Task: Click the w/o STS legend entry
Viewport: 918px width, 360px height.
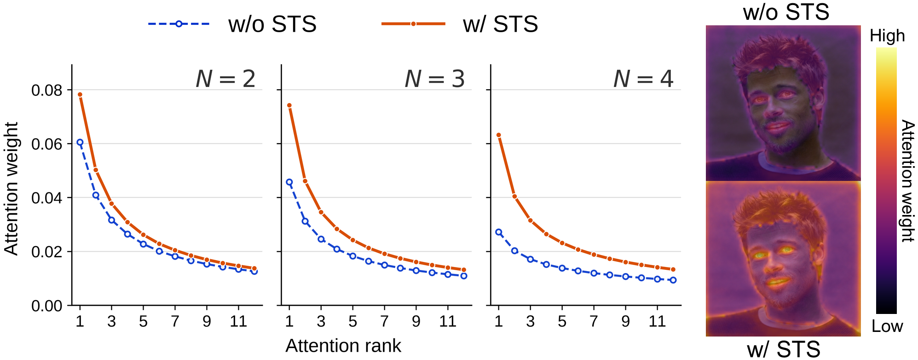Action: pos(232,24)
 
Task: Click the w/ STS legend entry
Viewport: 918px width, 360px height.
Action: pos(460,24)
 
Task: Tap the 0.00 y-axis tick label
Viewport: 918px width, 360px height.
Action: pos(46,306)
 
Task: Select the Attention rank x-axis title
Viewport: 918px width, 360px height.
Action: pos(343,346)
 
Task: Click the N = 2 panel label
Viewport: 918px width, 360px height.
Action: pos(225,79)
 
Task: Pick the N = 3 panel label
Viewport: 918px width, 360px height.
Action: pos(435,79)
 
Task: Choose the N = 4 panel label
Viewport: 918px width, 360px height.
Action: pos(644,79)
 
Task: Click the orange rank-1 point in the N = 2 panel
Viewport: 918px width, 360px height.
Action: pos(80,94)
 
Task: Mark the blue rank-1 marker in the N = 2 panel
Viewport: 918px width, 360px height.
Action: pos(80,143)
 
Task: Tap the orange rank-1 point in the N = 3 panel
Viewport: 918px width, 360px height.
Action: pos(289,105)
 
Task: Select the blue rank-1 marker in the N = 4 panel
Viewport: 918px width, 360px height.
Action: pos(499,232)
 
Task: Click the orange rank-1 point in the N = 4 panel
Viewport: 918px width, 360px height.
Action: pos(499,135)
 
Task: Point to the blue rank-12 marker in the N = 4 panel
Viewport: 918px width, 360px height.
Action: pos(673,280)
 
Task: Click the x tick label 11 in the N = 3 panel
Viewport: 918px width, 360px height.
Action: pos(448,321)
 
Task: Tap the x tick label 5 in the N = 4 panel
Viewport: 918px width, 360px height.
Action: pos(562,321)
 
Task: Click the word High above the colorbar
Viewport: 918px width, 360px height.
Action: pos(887,36)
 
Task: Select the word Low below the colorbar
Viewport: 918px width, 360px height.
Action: pos(887,326)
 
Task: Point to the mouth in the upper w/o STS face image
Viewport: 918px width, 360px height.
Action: pos(778,126)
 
